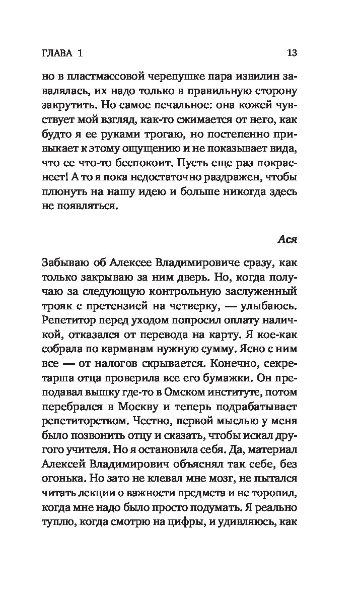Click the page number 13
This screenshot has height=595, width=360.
click(292, 52)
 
